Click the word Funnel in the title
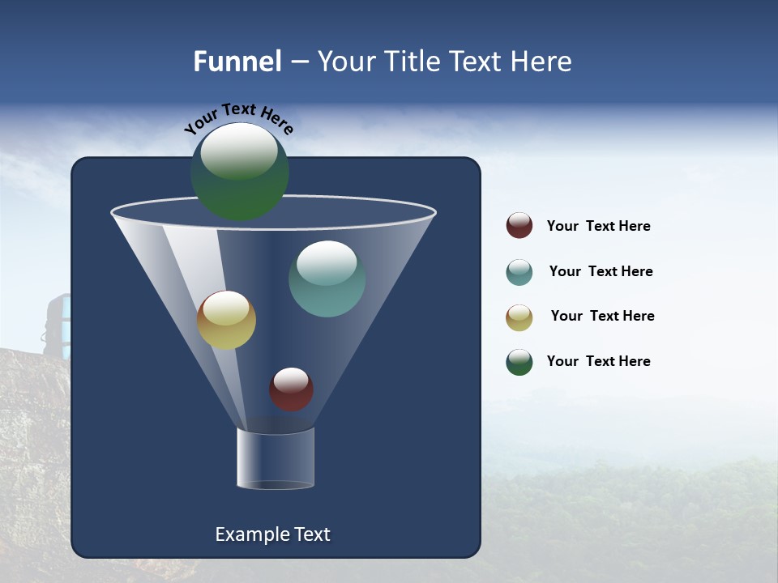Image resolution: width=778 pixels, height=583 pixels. point(237,62)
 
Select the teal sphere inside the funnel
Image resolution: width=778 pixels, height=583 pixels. point(327,279)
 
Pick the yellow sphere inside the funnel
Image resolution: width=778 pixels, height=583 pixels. point(227,321)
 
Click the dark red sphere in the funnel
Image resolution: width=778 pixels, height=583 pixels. point(291,389)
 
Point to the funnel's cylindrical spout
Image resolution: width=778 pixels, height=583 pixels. point(276,458)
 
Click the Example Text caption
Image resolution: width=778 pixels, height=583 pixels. point(272,534)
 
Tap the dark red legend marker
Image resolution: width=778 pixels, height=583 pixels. point(519,226)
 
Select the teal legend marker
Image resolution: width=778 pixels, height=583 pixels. point(519,272)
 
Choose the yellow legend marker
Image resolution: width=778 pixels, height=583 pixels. point(519,317)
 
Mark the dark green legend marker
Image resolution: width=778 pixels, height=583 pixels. point(519,362)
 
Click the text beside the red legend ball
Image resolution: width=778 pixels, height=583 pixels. point(598,227)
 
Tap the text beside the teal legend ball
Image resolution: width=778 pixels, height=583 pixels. point(601,271)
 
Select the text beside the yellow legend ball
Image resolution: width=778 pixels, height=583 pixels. point(602,316)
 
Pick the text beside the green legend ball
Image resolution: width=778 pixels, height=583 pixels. point(598,361)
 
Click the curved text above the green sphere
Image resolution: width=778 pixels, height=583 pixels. point(239,117)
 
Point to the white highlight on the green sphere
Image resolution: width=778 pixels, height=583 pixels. point(239,151)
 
